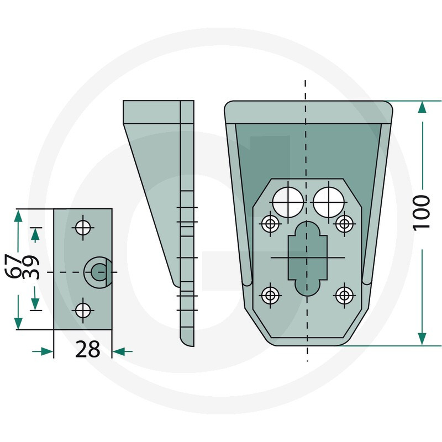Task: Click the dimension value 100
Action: [422, 213]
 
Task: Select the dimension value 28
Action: [88, 349]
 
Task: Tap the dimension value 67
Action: [13, 266]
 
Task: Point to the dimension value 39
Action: [30, 267]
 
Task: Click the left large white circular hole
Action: [288, 202]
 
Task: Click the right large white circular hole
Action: [329, 202]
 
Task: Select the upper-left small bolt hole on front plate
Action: [270, 224]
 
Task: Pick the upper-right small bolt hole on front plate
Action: [344, 224]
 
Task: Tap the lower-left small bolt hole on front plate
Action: [270, 296]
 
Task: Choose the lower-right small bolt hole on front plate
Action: [344, 296]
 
